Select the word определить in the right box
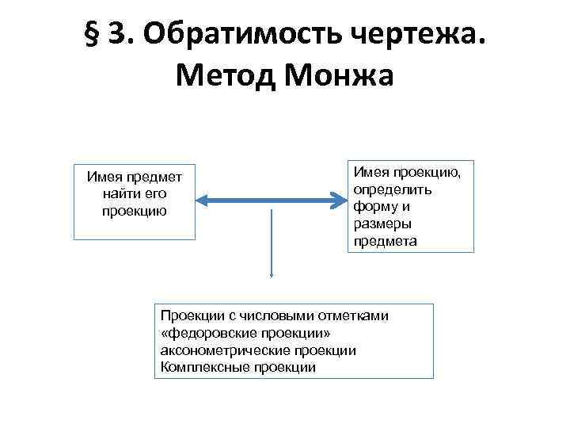click(x=387, y=191)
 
